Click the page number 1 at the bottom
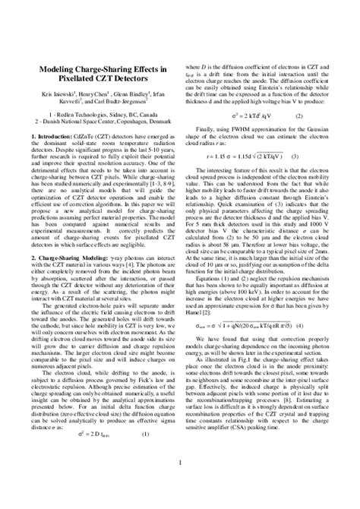(180, 483)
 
